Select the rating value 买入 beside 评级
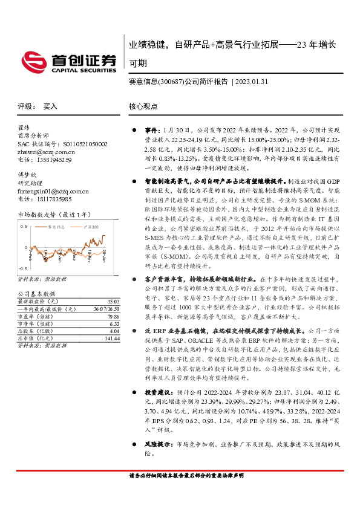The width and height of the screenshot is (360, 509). click(50, 106)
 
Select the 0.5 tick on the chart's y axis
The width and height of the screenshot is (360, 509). click(24, 226)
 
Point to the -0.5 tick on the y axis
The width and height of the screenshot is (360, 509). click(23, 267)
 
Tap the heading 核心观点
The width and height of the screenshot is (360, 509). click(143, 106)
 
